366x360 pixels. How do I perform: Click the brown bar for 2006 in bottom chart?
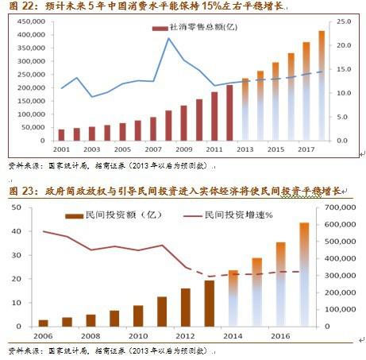(x=43, y=323)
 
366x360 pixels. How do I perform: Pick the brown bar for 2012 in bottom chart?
(x=185, y=308)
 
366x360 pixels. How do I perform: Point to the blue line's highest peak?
(x=169, y=38)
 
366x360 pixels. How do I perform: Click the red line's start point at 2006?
(x=43, y=231)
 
